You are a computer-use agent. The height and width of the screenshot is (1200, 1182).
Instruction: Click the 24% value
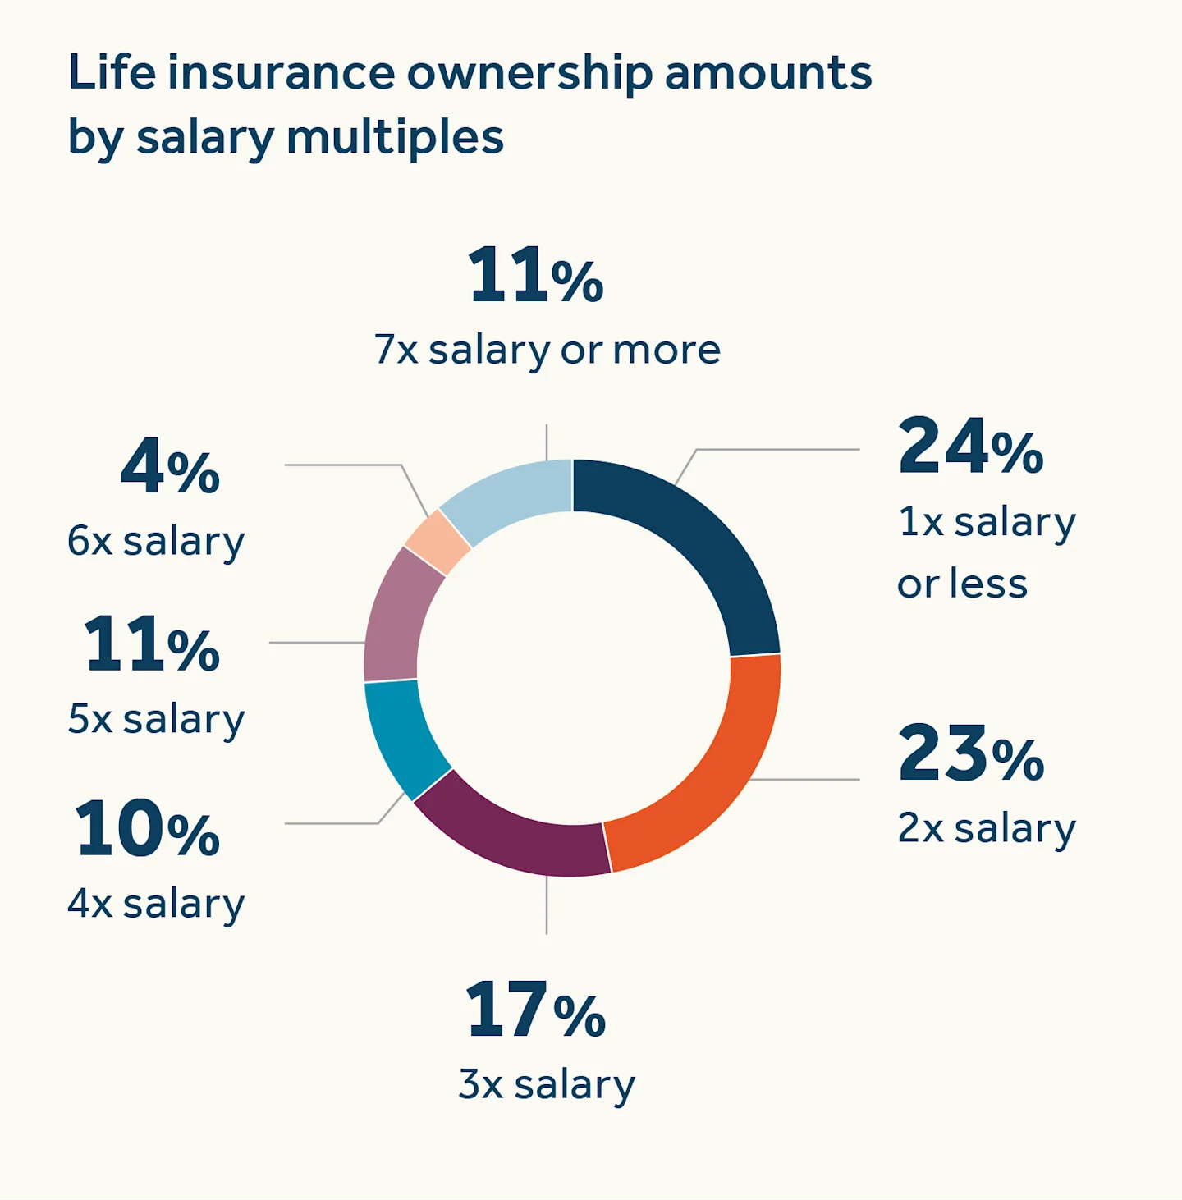pyautogui.click(x=969, y=447)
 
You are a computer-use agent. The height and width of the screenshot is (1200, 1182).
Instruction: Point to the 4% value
pyautogui.click(x=170, y=468)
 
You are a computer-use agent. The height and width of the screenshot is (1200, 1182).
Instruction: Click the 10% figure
pyautogui.click(x=148, y=829)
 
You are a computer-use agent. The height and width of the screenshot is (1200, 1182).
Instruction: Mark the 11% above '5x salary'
pyautogui.click(x=152, y=645)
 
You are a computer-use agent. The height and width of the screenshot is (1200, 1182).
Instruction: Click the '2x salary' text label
pyautogui.click(x=986, y=828)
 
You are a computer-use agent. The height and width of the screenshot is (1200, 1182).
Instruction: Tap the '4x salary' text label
pyautogui.click(x=156, y=904)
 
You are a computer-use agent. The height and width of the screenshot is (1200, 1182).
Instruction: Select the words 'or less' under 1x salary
pyautogui.click(x=961, y=584)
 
